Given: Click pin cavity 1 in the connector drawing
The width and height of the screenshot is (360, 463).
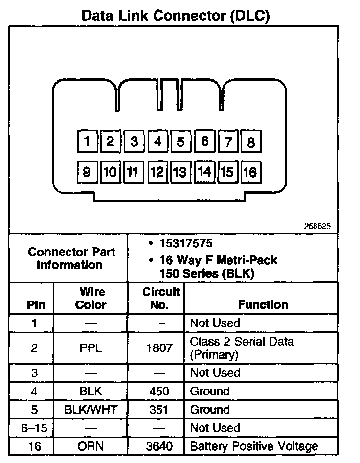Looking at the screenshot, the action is (87, 142).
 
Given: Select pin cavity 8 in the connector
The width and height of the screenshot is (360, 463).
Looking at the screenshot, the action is (251, 142).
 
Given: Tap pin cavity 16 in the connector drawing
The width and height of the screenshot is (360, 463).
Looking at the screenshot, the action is (250, 172).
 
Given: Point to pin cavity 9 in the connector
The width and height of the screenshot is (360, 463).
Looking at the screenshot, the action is (87, 172).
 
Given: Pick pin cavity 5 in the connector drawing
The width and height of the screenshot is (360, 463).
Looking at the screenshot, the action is (180, 142).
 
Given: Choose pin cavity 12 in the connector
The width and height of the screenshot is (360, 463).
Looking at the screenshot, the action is (157, 172).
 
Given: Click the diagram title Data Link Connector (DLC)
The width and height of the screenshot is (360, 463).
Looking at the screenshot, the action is (176, 16).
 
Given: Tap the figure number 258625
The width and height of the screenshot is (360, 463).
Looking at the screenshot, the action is (317, 226).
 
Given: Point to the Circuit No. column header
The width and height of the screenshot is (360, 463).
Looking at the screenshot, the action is (161, 298).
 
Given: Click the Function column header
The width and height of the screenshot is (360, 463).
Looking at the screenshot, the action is (263, 304).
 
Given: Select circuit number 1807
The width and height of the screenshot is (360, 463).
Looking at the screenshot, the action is (159, 348).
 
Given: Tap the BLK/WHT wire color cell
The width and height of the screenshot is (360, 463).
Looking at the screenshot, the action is (91, 409).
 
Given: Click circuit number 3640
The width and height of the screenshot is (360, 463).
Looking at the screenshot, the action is (159, 446).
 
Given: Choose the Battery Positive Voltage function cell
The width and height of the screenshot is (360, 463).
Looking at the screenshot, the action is (254, 446).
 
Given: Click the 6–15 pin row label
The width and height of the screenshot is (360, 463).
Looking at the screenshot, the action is (34, 428).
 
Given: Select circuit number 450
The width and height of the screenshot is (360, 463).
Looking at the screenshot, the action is (159, 391).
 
